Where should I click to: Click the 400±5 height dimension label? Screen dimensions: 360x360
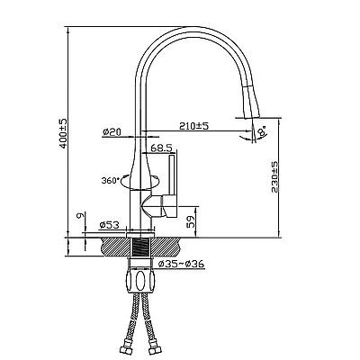click(64, 133)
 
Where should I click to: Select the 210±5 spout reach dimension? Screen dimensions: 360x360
click(193, 126)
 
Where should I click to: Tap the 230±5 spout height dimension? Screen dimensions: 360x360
click(275, 177)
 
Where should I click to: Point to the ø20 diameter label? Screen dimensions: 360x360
click(112, 131)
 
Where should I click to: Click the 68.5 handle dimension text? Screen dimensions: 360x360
click(161, 148)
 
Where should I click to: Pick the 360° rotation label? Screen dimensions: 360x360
click(111, 181)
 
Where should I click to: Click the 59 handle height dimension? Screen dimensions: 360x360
click(191, 221)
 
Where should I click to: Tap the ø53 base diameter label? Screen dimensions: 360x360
click(109, 225)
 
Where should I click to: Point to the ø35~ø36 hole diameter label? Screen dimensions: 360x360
click(181, 264)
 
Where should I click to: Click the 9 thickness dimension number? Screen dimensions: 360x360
click(79, 215)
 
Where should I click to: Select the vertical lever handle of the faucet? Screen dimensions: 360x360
click(173, 175)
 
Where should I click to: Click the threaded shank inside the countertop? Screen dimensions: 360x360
click(140, 247)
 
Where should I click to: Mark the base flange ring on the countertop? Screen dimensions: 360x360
click(140, 234)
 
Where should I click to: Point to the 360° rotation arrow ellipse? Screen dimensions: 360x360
click(140, 183)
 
